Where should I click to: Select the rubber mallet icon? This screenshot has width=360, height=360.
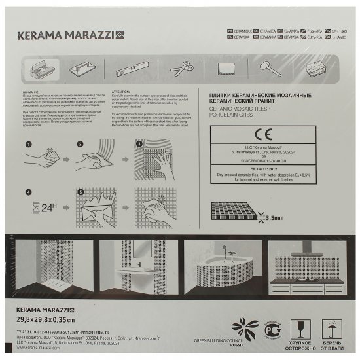[x=266, y=68]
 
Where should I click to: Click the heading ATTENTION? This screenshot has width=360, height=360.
[x=122, y=92]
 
